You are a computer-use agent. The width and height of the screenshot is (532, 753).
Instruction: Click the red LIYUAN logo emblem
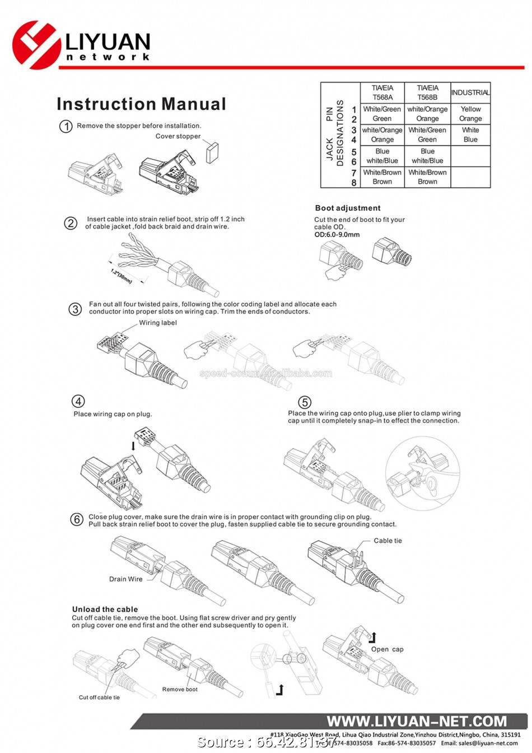pyautogui.click(x=36, y=45)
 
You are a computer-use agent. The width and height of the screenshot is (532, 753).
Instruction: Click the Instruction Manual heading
pyautogui.click(x=141, y=104)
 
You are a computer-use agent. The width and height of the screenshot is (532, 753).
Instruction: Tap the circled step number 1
pyautogui.click(x=66, y=126)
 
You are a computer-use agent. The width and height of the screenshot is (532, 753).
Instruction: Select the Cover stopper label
pyautogui.click(x=178, y=136)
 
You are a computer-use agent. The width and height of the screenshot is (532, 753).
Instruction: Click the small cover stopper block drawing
pyautogui.click(x=212, y=152)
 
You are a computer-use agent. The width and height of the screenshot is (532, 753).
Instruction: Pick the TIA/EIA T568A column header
pyautogui.click(x=382, y=92)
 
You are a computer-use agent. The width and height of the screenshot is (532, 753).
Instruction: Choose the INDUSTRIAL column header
pyautogui.click(x=470, y=92)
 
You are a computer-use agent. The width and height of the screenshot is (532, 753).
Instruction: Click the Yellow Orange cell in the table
pyautogui.click(x=470, y=114)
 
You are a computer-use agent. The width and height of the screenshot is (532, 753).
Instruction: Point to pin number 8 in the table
pyautogui.click(x=354, y=183)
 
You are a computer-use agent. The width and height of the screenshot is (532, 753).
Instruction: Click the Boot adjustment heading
pyautogui.click(x=348, y=208)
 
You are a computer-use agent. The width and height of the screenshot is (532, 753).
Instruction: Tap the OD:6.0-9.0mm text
pyautogui.click(x=337, y=235)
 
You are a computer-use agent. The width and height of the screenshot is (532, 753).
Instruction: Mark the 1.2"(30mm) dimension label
pyautogui.click(x=121, y=276)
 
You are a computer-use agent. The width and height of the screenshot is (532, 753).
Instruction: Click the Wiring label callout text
pyautogui.click(x=158, y=323)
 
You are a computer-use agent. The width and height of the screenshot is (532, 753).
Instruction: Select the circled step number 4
pyautogui.click(x=78, y=401)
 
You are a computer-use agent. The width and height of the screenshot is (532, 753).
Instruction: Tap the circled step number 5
pyautogui.click(x=305, y=402)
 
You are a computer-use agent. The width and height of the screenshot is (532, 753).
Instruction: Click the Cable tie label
pyautogui.click(x=388, y=541)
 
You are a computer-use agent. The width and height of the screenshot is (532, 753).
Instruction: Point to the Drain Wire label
pyautogui.click(x=126, y=579)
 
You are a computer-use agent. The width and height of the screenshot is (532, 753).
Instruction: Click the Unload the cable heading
pyautogui.click(x=105, y=610)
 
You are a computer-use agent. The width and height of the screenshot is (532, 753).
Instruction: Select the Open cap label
pyautogui.click(x=387, y=649)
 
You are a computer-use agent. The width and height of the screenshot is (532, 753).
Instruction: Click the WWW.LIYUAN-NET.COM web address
pyautogui.click(x=417, y=722)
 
